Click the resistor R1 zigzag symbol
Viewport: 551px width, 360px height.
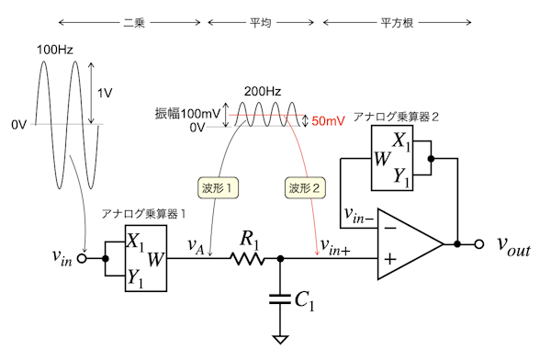click(x=247, y=259)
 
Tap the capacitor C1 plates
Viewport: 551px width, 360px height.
click(x=280, y=299)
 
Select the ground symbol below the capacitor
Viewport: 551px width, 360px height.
click(x=280, y=340)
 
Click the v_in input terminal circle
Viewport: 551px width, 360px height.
click(x=82, y=259)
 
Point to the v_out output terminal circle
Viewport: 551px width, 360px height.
click(x=479, y=244)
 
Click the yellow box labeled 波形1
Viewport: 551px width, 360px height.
click(x=218, y=188)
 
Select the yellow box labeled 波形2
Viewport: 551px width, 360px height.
click(x=305, y=188)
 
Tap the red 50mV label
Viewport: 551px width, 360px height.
click(x=328, y=120)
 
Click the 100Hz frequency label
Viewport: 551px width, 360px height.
click(x=55, y=50)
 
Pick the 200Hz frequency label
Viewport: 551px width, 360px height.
click(x=263, y=92)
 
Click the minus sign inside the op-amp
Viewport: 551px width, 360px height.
click(x=390, y=229)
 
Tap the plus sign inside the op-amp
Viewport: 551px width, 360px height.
click(x=390, y=259)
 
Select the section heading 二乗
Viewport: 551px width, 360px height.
click(x=134, y=23)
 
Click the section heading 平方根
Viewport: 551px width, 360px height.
click(x=397, y=23)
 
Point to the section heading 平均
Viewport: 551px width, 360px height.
click(x=261, y=23)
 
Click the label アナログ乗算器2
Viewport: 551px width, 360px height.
click(x=396, y=117)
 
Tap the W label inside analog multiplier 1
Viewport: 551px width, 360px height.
click(x=156, y=260)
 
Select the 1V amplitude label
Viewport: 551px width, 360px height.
click(x=105, y=93)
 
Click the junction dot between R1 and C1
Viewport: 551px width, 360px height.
click(x=280, y=259)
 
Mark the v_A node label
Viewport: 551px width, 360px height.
click(x=196, y=245)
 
